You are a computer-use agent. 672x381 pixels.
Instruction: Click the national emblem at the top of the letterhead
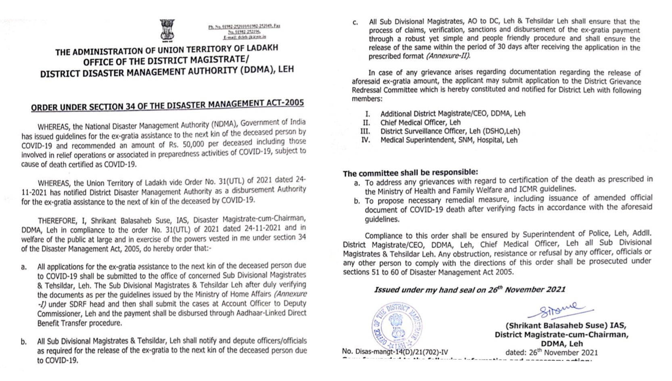tap(167, 30)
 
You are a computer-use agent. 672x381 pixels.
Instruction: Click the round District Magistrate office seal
tap(397, 326)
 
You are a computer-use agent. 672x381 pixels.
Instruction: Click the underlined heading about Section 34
tap(167, 105)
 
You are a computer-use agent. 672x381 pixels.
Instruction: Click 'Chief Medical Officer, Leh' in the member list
tap(420, 122)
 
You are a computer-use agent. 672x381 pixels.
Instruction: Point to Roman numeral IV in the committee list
tap(365, 140)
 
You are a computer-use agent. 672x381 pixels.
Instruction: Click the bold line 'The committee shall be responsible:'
tap(410, 173)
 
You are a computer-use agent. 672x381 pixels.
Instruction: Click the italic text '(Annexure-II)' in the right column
tap(448, 56)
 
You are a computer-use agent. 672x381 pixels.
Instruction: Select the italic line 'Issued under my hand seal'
tap(470, 290)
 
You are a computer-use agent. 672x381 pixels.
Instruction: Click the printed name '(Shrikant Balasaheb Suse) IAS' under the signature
tap(566, 326)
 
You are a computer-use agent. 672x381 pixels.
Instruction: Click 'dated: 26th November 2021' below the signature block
tap(552, 352)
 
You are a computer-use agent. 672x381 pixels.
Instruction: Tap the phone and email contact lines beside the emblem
tap(244, 31)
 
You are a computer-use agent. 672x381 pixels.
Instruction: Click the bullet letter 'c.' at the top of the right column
tap(355, 23)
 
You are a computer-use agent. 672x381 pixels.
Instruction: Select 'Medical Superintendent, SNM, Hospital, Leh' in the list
tap(449, 140)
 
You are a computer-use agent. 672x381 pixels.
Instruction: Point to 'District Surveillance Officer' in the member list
tap(424, 131)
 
